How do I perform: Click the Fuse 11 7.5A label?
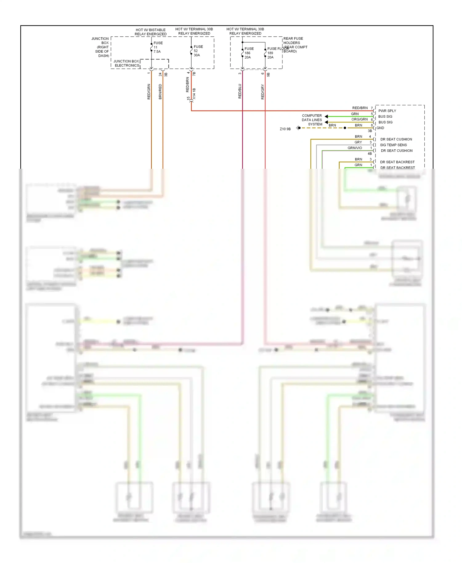pos(157,47)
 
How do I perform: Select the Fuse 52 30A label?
pos(198,51)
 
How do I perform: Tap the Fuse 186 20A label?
pos(249,53)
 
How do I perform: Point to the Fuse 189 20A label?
pos(271,53)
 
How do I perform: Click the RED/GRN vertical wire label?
pos(149,91)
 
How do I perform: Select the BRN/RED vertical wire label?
pos(160,91)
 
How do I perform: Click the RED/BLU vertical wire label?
pos(240,91)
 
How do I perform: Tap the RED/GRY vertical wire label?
pos(262,91)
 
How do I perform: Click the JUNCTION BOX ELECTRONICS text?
pos(127,63)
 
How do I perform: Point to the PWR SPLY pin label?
pos(387,111)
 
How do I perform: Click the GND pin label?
pos(380,128)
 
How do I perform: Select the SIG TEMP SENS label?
pos(393,145)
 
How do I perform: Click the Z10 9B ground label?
pos(285,129)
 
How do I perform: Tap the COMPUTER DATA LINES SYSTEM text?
pos(312,120)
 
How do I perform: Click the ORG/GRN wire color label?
pos(359,119)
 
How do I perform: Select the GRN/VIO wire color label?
pos(355,148)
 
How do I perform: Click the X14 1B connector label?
pos(194,94)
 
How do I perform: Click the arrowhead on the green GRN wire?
pos(326,116)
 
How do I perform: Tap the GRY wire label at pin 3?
pos(358,142)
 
